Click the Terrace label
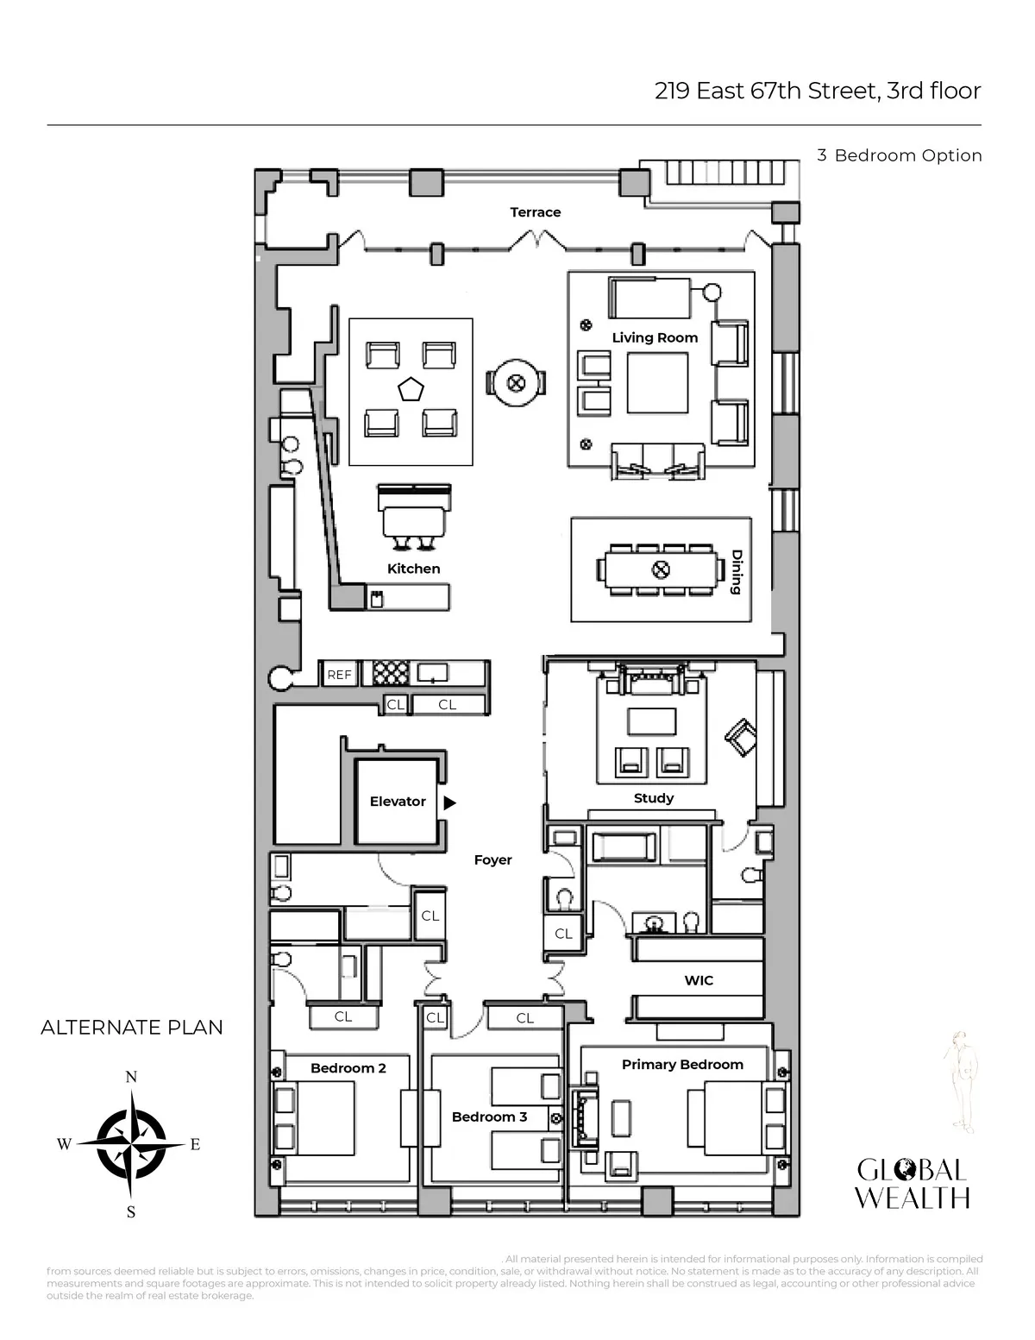coord(535,212)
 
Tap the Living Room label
coord(655,337)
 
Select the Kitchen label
coord(414,569)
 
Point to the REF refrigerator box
coord(340,675)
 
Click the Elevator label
coord(398,802)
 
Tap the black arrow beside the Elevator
coord(449,802)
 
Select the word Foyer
coord(492,860)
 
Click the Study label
coord(653,798)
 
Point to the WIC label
coord(699,980)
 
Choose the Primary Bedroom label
coord(682,1065)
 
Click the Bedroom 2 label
coord(348,1068)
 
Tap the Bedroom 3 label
coord(489,1117)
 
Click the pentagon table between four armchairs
coord(411,389)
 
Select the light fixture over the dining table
coord(660,569)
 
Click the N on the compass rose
coord(131,1077)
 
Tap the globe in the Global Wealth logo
coord(905,1171)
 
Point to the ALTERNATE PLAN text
coord(132,1028)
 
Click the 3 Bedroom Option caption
coord(900,156)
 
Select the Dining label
coord(736,572)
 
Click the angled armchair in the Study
coord(740,739)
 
